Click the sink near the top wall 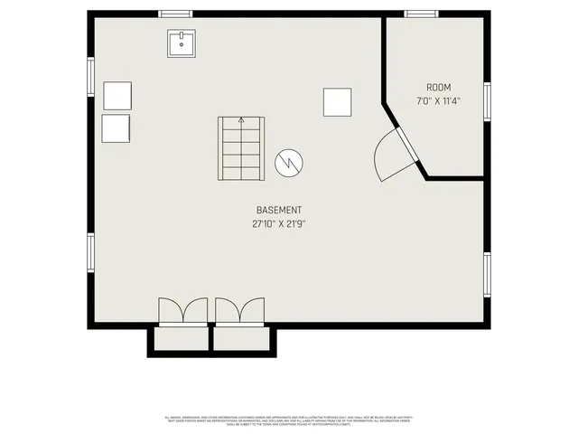(182, 43)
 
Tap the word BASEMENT (279, 210)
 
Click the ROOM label (439, 88)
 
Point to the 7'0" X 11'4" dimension (439, 101)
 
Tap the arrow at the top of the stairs (241, 121)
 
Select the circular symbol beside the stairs (289, 162)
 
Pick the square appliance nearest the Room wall (338, 102)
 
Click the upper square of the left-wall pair (117, 96)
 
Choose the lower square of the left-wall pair (117, 127)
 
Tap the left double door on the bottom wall (182, 311)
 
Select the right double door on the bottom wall (240, 311)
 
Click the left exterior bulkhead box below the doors (182, 339)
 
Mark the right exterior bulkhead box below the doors (241, 339)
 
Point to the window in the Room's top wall (420, 14)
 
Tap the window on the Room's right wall (487, 101)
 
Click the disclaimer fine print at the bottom (289, 420)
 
